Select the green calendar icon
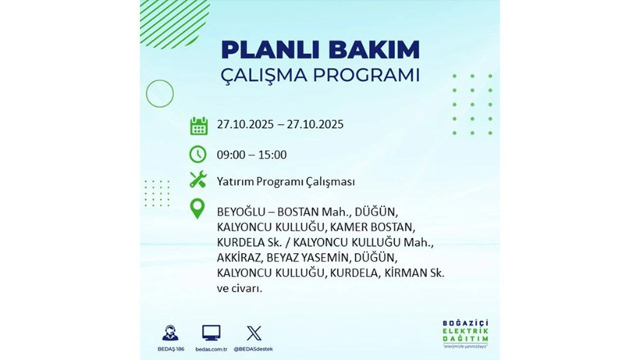point(198,125)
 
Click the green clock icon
point(198,153)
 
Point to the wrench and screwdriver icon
point(198,180)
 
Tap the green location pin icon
point(198,209)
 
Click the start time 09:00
point(232,155)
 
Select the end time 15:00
point(272,155)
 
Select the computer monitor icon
point(211,333)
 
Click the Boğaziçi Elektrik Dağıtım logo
point(465,335)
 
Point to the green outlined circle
point(160,94)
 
